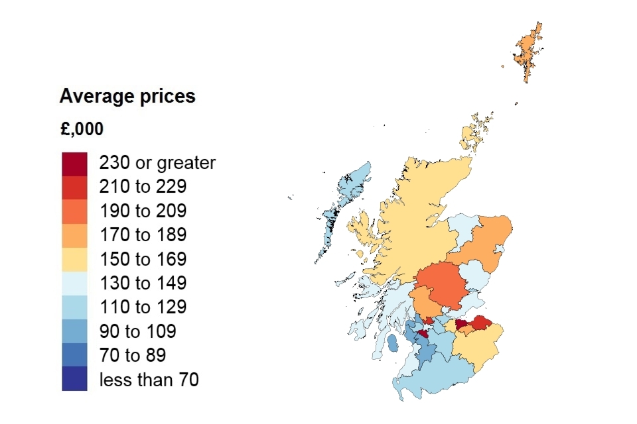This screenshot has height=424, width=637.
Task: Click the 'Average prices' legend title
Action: tap(127, 97)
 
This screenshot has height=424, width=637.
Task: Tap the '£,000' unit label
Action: tap(81, 129)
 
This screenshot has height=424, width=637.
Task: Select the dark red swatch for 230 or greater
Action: tap(74, 163)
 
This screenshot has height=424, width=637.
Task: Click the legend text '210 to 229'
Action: tap(143, 187)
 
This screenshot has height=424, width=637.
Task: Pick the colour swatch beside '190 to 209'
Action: tap(74, 211)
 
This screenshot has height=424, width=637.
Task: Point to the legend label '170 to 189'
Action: tap(143, 235)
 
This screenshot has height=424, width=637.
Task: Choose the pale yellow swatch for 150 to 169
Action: tap(74, 258)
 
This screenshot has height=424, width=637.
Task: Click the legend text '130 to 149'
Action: tap(143, 283)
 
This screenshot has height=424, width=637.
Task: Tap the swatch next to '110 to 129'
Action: tap(74, 307)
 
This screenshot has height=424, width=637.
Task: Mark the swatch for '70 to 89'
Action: tap(74, 354)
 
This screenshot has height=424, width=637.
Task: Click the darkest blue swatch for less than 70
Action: tap(74, 379)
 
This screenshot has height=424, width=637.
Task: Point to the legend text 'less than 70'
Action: tap(149, 379)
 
